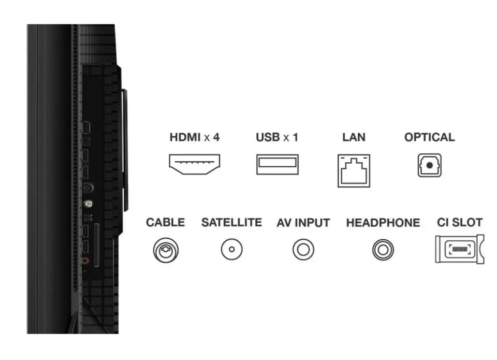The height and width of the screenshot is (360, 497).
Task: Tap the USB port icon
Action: [x=277, y=164]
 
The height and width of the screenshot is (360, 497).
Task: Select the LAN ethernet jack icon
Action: [x=354, y=170]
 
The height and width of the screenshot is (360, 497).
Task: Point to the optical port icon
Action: [x=430, y=165]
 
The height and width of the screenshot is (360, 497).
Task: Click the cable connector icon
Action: [x=166, y=250]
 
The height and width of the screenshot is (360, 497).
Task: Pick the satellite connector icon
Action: [x=232, y=249]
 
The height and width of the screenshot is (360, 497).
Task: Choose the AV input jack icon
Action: [x=303, y=250]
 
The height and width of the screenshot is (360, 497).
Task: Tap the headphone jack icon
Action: [x=383, y=250]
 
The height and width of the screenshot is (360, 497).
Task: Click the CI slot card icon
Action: [x=460, y=249]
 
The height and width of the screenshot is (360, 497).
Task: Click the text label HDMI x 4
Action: [x=194, y=137]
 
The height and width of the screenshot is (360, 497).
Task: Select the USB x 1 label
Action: [x=277, y=137]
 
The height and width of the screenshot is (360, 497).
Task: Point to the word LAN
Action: [x=354, y=137]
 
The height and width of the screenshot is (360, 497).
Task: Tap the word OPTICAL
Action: [x=430, y=137]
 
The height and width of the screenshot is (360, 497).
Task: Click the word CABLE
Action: [x=166, y=222]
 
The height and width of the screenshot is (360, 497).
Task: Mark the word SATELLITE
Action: [x=232, y=222]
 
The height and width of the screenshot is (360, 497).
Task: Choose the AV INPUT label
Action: [x=303, y=223]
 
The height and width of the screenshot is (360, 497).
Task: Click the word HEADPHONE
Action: [x=383, y=223]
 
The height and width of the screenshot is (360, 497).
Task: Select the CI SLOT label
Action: [x=460, y=222]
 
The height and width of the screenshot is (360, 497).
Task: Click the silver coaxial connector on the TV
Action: [x=88, y=204]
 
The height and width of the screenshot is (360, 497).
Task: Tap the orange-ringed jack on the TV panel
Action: [x=85, y=261]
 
